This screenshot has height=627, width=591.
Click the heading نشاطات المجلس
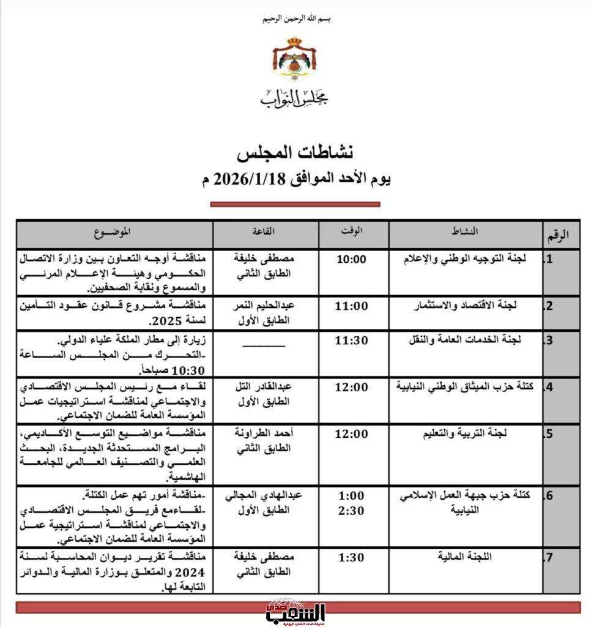click(x=295, y=152)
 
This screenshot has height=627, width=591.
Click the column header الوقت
click(x=353, y=231)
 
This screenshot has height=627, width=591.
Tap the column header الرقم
click(x=557, y=234)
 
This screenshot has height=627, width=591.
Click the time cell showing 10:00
click(x=352, y=259)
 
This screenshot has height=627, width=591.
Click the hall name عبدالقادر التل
click(x=265, y=387)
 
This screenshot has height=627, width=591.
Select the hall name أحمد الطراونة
click(x=265, y=434)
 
